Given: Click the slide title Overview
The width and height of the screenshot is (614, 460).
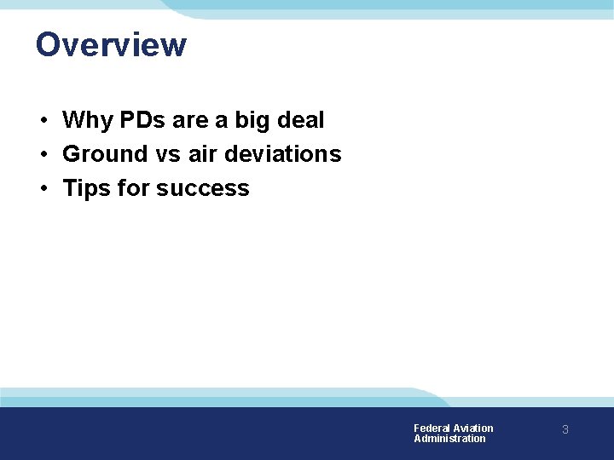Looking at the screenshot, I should (x=111, y=44).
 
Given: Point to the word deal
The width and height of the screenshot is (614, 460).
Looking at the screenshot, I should (x=300, y=120).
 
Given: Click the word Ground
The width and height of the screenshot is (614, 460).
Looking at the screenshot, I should (x=106, y=154).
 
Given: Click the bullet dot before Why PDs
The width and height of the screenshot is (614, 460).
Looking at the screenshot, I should (x=43, y=121).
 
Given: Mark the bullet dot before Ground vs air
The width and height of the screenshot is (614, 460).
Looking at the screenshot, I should (x=43, y=155).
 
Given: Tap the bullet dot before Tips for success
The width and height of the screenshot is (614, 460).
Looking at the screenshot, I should (x=43, y=189).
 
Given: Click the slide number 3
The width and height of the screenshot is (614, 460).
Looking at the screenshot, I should (x=565, y=431).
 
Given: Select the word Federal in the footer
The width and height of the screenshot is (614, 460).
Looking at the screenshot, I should (x=432, y=428).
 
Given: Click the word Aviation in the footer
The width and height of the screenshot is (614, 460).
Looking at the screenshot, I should (x=473, y=428).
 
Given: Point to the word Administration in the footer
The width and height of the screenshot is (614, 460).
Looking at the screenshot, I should (x=449, y=439).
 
